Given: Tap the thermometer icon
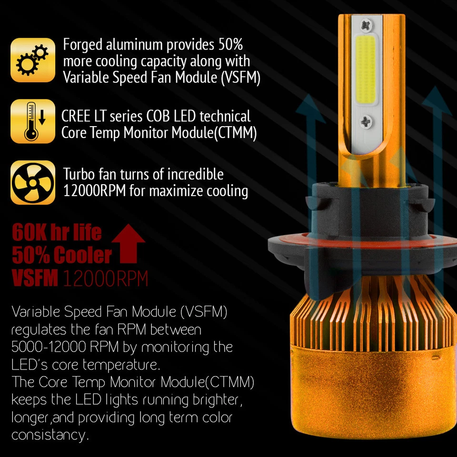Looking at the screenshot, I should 32,121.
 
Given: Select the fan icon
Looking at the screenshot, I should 32,183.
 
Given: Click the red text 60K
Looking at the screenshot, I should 30,233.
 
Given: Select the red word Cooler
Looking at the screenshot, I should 82,256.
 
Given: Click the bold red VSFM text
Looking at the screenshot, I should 34,278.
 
